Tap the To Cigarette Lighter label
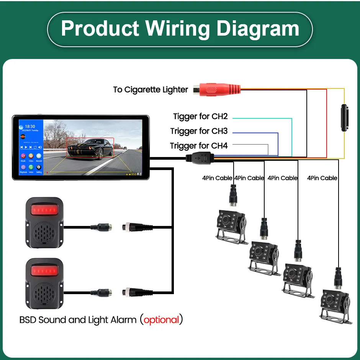point(151,90)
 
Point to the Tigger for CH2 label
point(200,116)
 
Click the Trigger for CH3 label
point(199,131)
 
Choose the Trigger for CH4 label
point(199,146)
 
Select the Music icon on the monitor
point(23,156)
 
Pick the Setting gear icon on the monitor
point(39,167)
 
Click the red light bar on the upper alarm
point(44,210)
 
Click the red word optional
point(161,319)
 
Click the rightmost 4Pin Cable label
point(322,178)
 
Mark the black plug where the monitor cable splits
point(200,158)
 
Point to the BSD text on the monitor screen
point(134,174)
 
